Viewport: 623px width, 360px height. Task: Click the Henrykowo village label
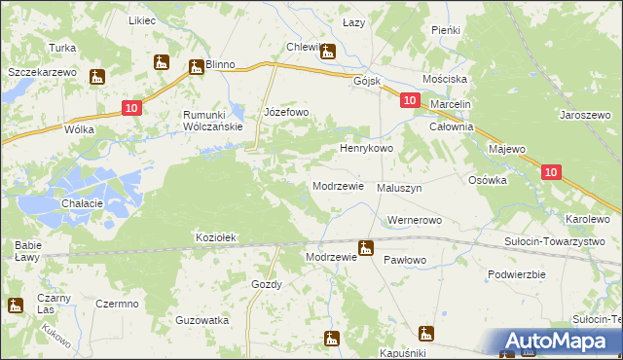pos(365,149)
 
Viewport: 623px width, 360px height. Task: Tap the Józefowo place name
pos(286,112)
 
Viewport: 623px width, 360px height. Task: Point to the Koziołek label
pos(217,237)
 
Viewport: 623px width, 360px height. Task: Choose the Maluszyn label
pos(399,188)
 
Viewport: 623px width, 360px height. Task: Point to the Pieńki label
pos(445,30)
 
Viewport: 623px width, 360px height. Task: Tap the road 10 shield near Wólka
pos(133,110)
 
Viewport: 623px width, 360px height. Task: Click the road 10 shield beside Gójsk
pos(409,100)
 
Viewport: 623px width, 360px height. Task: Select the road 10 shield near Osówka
pos(550,172)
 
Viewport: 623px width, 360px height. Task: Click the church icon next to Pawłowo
pos(366,248)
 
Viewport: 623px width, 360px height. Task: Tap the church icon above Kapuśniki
pos(424,333)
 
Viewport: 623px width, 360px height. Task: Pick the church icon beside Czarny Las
pos(15,305)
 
